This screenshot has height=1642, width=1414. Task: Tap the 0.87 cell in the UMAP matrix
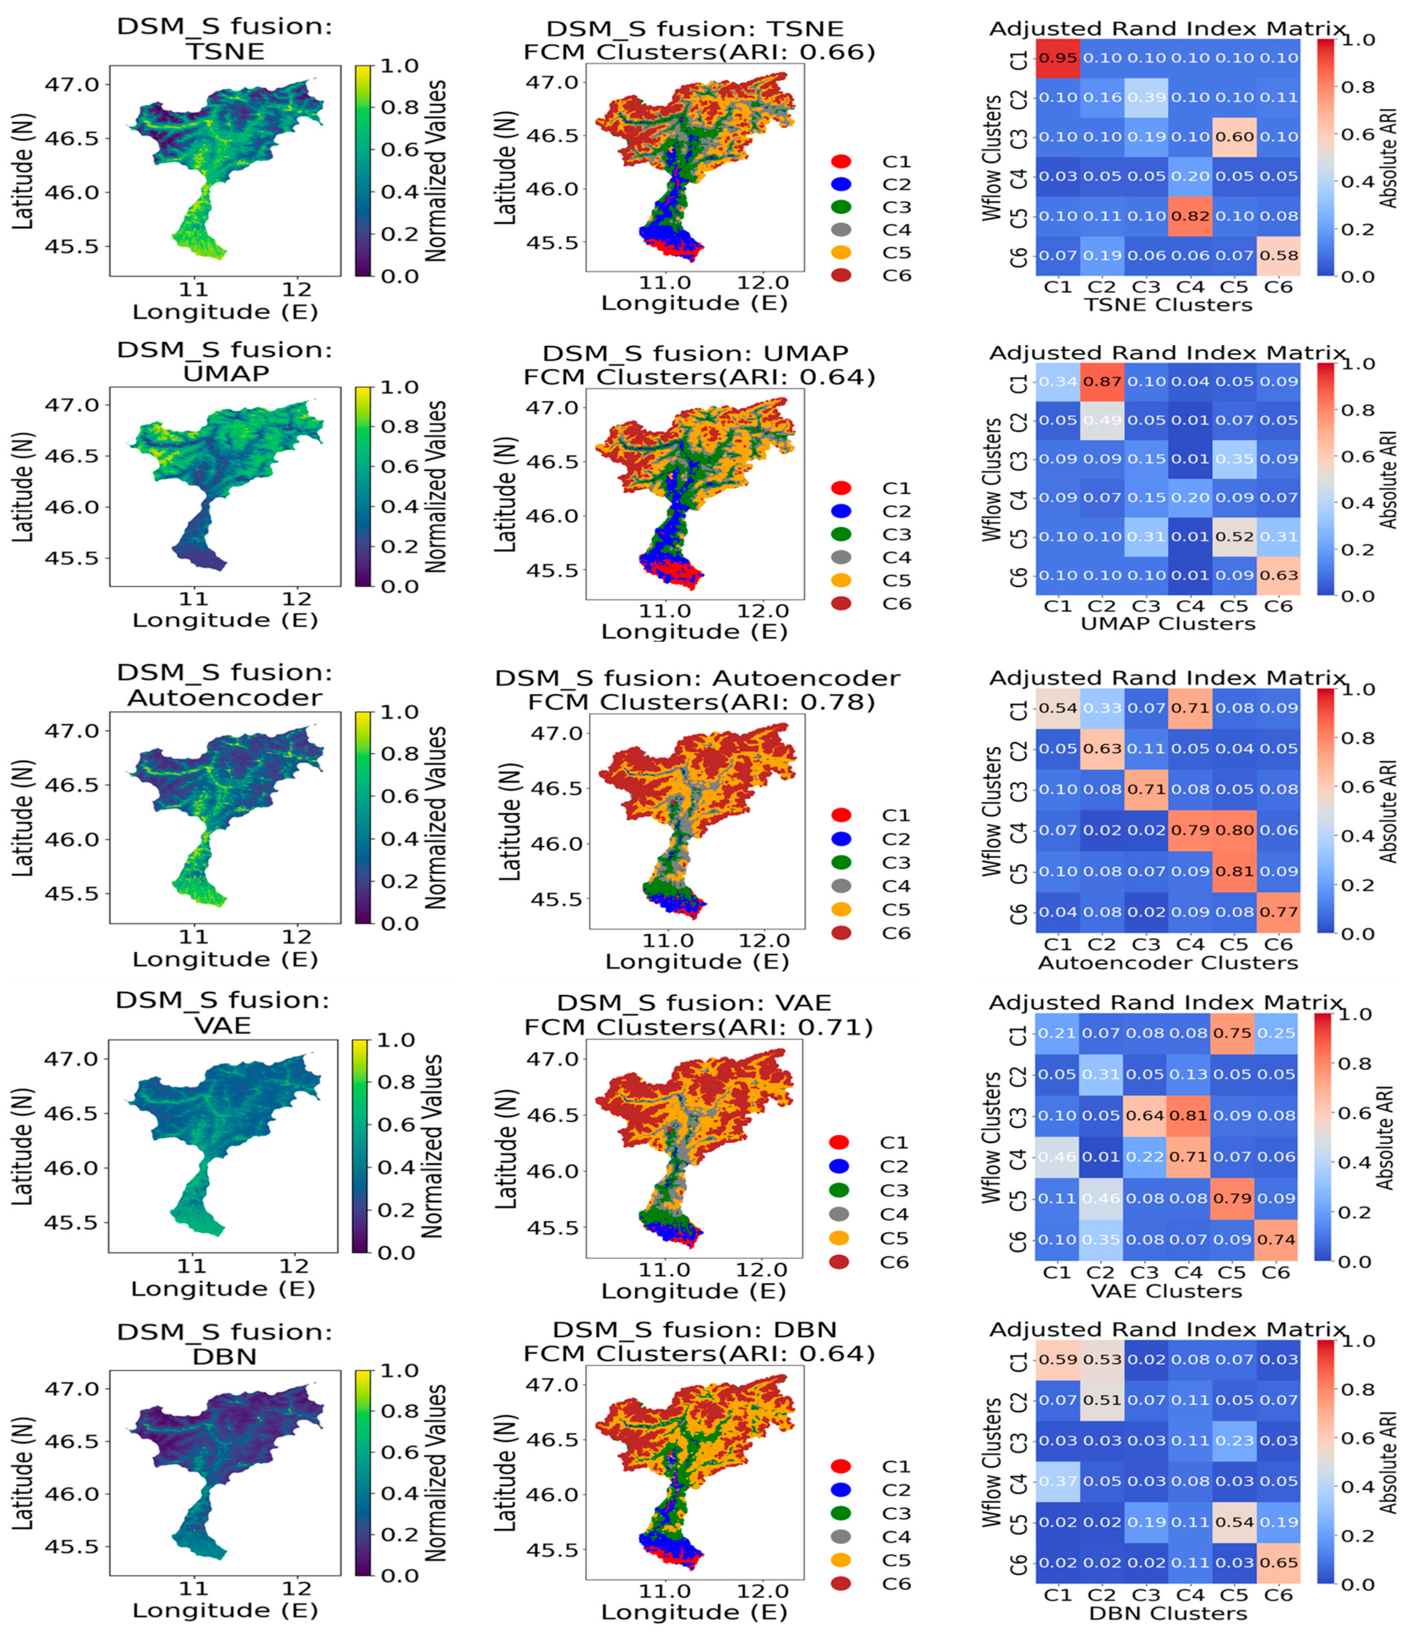coord(1102,381)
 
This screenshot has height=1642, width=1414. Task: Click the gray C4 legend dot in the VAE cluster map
coord(838,1214)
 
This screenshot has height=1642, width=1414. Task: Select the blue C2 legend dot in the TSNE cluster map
coord(841,184)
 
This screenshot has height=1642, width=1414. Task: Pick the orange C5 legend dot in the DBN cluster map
coord(841,1560)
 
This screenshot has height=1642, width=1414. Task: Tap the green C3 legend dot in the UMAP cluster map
coord(841,534)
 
